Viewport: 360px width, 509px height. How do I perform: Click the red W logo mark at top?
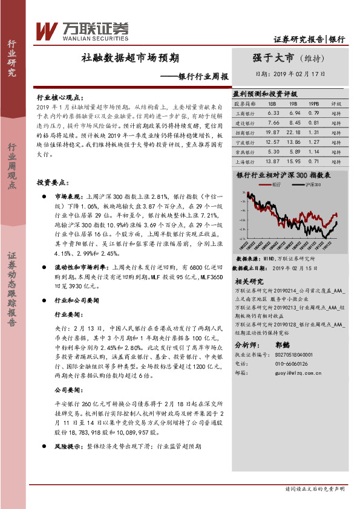coord(47,30)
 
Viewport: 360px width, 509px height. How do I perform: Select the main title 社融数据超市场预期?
coord(130,59)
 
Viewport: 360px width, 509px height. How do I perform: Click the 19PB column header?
coord(313,103)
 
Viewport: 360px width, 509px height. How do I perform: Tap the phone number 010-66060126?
coord(290,364)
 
